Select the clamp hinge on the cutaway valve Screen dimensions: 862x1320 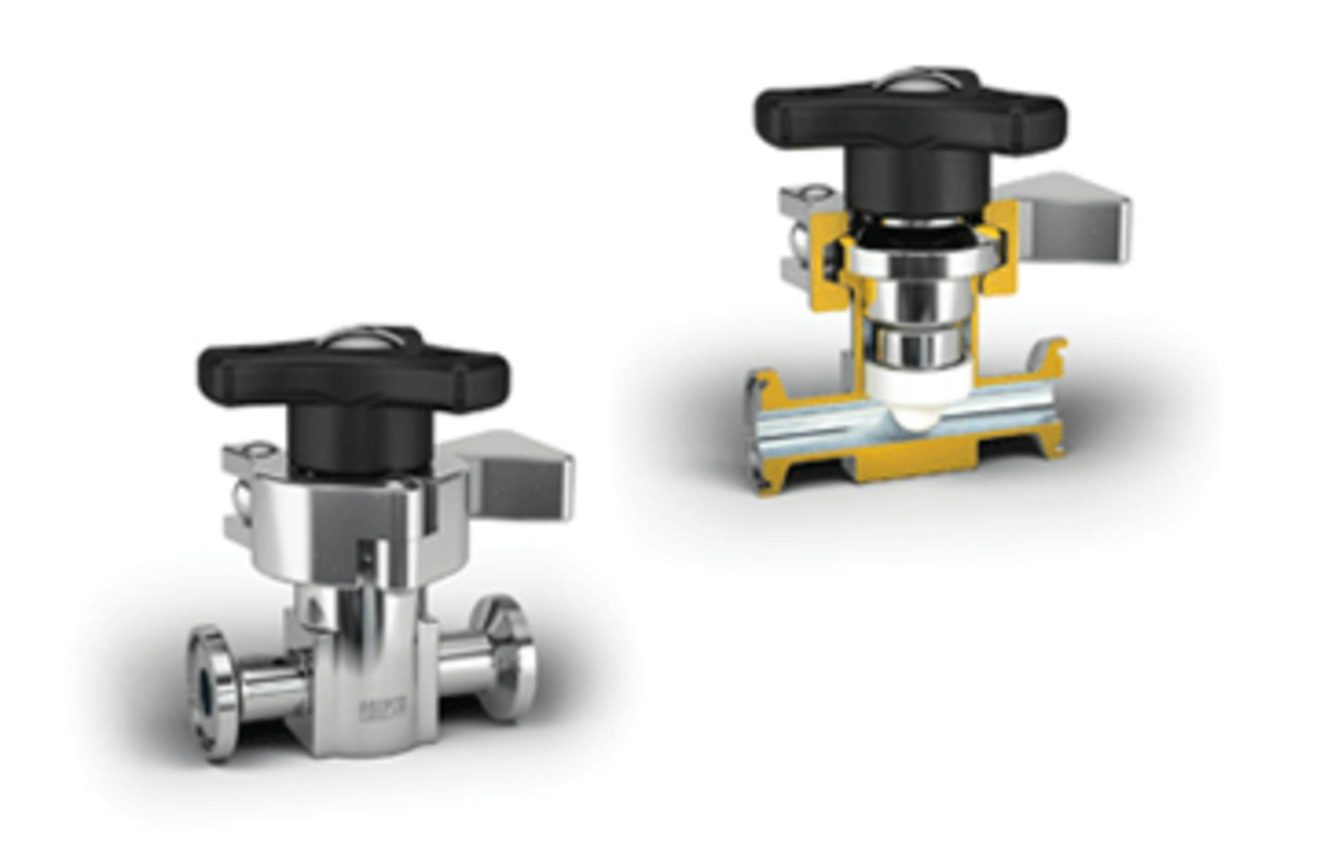click(x=801, y=234)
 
